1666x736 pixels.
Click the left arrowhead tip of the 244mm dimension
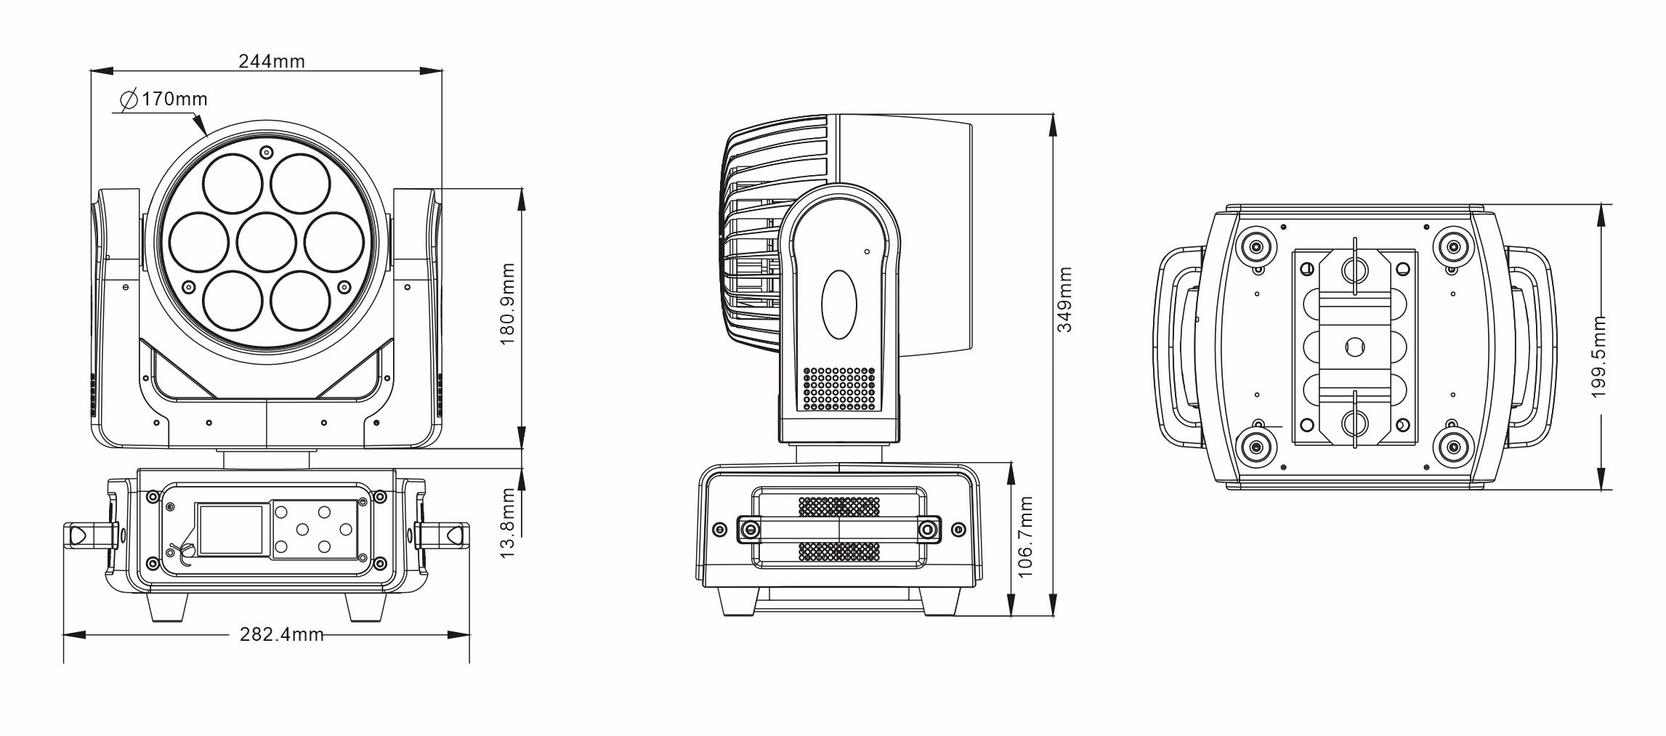[x=90, y=71]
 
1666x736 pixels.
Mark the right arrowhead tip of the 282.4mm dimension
[x=469, y=635]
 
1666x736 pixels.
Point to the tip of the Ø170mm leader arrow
[x=209, y=137]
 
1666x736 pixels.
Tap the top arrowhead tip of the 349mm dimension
[x=1053, y=114]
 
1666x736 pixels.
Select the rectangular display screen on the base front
[x=231, y=530]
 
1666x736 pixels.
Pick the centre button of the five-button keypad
[x=303, y=530]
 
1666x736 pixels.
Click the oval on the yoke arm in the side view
[x=838, y=304]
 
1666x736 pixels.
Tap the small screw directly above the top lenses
[x=267, y=152]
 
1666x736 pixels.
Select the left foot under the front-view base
[x=170, y=607]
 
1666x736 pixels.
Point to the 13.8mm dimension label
[x=509, y=523]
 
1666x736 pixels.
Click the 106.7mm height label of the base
[x=1025, y=537]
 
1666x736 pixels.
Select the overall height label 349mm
[x=1064, y=299]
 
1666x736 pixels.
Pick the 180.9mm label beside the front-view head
[x=509, y=304]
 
